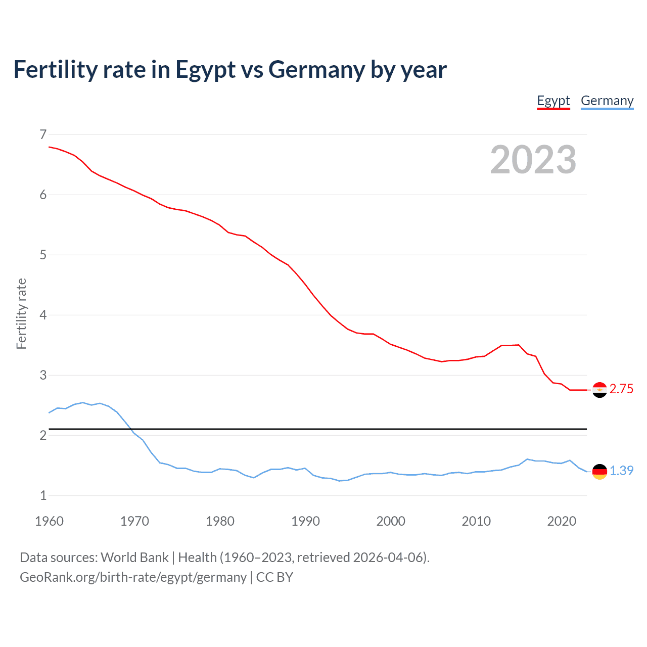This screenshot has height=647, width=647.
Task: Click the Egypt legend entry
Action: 553,101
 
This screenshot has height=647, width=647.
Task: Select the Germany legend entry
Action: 607,101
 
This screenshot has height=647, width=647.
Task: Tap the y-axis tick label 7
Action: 43,134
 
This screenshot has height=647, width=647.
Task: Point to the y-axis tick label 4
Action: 43,315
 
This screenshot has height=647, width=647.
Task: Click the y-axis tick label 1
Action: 43,495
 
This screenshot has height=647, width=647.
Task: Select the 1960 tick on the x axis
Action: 49,521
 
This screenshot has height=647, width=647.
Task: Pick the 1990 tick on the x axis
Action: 305,521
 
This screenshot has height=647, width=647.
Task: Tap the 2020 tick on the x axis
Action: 562,521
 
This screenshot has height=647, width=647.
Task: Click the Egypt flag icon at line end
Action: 599,390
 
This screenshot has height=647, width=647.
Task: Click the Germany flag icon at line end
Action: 599,471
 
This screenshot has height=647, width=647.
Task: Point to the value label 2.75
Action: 621,389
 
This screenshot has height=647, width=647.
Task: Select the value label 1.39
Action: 621,471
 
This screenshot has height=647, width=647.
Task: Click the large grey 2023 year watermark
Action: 533,160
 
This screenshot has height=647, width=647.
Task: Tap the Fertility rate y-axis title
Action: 21,313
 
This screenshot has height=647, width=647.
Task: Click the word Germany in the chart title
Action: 316,70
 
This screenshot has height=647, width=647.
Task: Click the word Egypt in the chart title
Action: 205,70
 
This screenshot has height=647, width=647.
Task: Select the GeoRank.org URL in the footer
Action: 133,577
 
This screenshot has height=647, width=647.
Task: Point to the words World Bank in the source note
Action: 134,558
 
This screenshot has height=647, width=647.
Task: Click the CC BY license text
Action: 274,577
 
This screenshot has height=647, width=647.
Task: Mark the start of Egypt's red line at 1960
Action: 49,147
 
